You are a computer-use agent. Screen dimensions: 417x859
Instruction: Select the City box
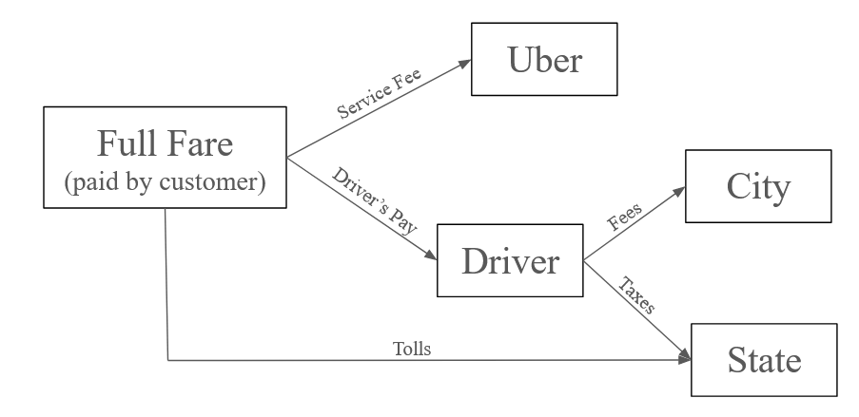pyautogui.click(x=757, y=187)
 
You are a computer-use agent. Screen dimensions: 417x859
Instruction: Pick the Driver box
pyautogui.click(x=509, y=261)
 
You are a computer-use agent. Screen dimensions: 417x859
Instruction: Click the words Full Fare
pyautogui.click(x=165, y=144)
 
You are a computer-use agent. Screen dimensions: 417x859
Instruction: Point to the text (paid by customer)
pyautogui.click(x=165, y=181)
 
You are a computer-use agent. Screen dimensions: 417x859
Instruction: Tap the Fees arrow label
pyautogui.click(x=623, y=216)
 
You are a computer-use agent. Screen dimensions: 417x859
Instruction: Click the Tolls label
pyautogui.click(x=412, y=349)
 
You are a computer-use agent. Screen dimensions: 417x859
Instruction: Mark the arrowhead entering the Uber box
pyautogui.click(x=466, y=64)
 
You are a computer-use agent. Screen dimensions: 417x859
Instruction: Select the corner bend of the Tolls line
pyautogui.click(x=167, y=360)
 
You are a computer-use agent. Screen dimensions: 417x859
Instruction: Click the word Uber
pyautogui.click(x=544, y=62)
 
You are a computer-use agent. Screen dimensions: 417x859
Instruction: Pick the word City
pyautogui.click(x=757, y=187)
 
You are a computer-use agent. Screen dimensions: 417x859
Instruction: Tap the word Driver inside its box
pyautogui.click(x=509, y=261)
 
